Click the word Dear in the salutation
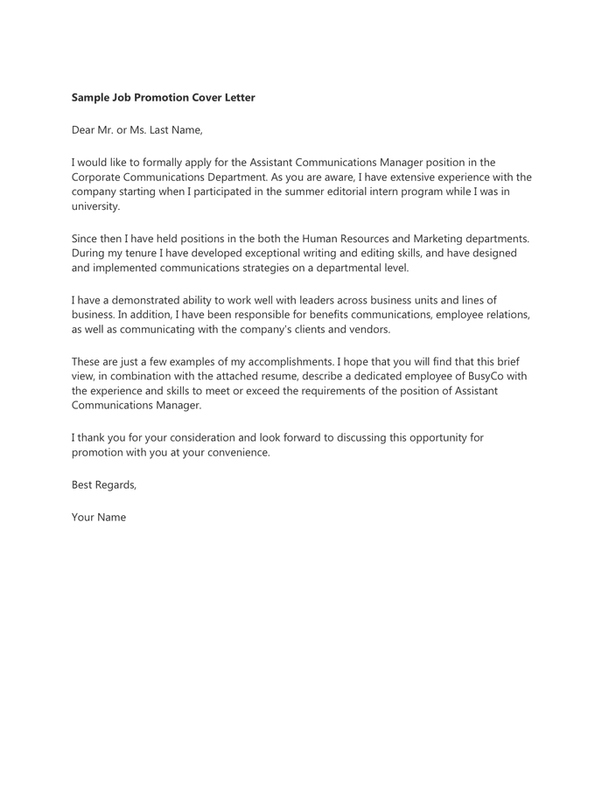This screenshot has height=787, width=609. click(x=85, y=130)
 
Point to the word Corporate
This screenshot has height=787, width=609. click(x=98, y=177)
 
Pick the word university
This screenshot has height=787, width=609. click(x=94, y=206)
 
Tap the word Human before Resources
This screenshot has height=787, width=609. click(x=319, y=239)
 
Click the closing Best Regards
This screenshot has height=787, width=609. click(x=103, y=485)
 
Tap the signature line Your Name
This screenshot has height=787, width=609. click(x=99, y=518)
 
